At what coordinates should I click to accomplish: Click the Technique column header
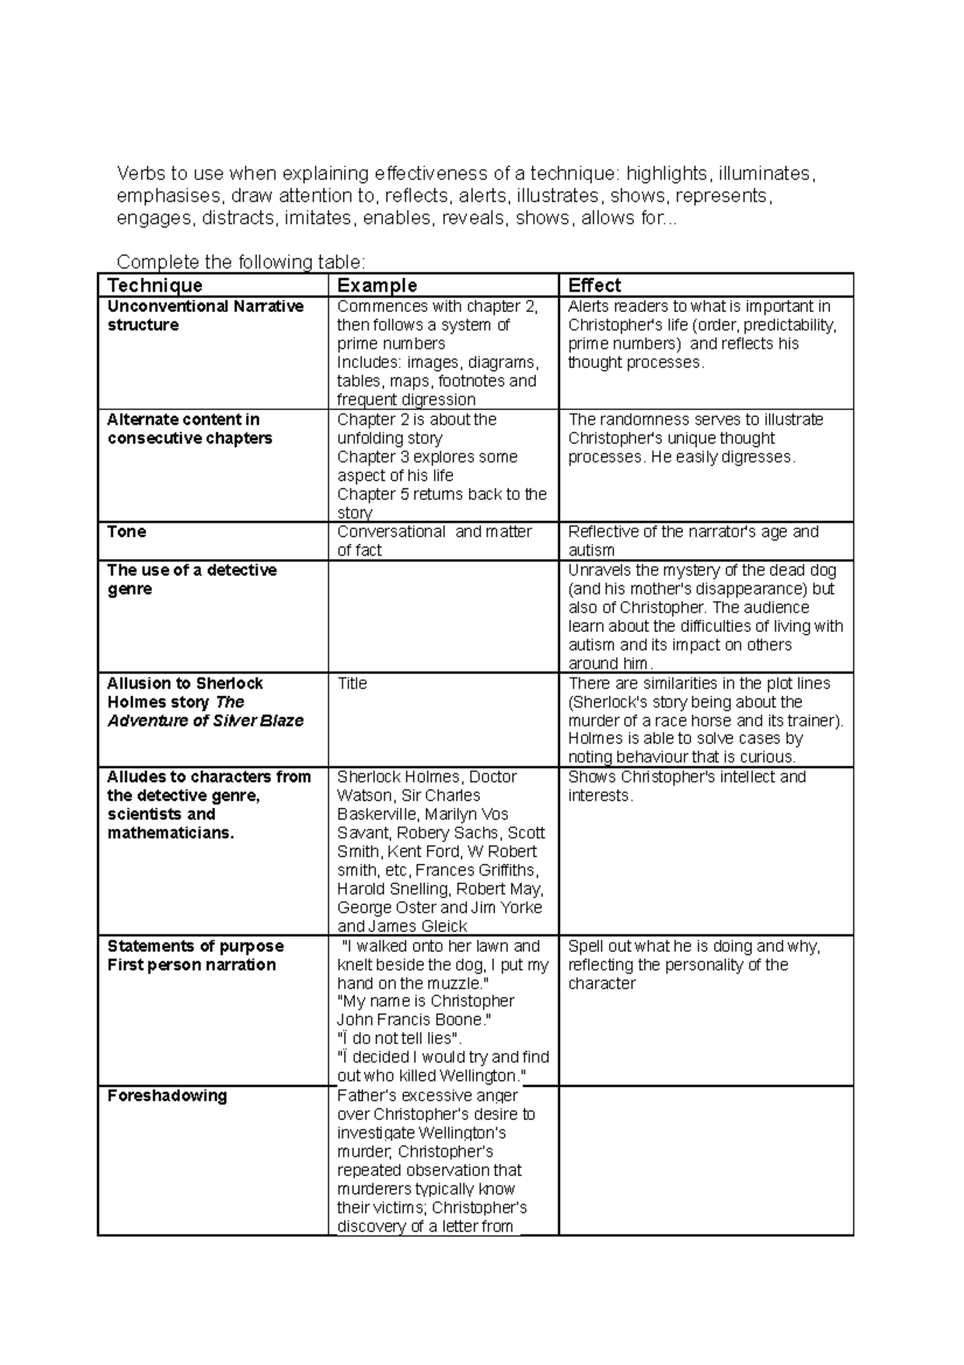pos(155,285)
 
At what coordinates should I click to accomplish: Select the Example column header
pos(377,285)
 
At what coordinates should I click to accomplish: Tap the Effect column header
pos(594,285)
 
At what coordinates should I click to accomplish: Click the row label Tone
pos(127,531)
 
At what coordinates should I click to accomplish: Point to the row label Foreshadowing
pos(167,1096)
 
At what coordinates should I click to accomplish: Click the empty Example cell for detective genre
pos(443,616)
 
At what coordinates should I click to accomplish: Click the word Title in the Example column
pos(352,683)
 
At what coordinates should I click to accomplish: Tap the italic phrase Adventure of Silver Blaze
pos(206,720)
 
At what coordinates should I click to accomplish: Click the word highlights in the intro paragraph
pos(668,174)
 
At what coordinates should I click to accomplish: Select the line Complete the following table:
pos(241,262)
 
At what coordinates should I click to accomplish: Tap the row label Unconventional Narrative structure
pos(205,315)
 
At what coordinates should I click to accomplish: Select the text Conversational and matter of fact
pos(434,540)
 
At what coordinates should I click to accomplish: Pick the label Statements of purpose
pos(195,946)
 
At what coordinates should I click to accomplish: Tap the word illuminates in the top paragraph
pos(766,174)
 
